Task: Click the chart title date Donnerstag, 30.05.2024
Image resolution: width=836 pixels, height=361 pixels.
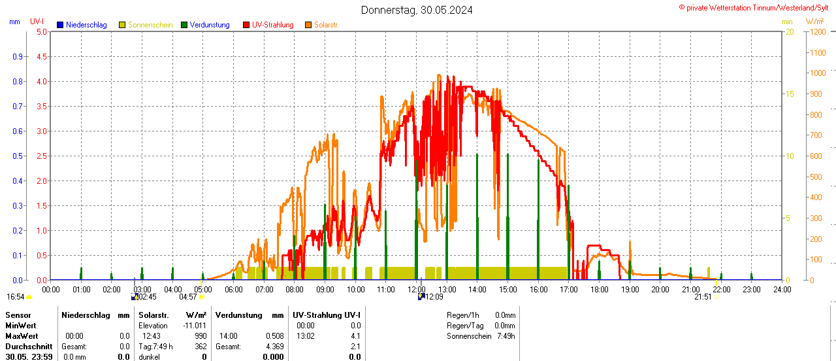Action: (x=417, y=10)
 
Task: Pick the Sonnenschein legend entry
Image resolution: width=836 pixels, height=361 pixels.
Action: (x=150, y=25)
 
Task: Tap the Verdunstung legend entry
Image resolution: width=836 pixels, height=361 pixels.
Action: (x=209, y=25)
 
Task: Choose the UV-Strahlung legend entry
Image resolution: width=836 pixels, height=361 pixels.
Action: (x=272, y=25)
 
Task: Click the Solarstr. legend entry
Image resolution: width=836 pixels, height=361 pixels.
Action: (x=326, y=25)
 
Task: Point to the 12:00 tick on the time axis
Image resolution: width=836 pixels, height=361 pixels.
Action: (x=417, y=289)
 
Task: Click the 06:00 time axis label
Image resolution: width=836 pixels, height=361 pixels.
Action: (x=234, y=289)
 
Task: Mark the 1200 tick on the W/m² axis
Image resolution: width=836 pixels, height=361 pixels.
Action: (x=816, y=31)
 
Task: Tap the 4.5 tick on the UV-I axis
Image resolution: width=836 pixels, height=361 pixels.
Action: (x=41, y=56)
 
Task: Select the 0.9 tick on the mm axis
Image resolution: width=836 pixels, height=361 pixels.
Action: (x=18, y=56)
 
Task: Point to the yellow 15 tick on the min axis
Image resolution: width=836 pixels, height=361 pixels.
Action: (x=790, y=94)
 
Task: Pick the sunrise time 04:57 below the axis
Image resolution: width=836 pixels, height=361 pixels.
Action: (x=188, y=297)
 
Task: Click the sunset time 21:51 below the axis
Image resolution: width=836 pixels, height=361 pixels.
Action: (x=703, y=297)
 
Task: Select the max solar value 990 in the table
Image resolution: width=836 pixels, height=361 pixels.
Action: (x=200, y=335)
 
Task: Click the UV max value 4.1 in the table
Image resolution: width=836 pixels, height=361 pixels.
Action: (x=355, y=335)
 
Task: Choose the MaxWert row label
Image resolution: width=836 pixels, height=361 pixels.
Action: (x=20, y=335)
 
